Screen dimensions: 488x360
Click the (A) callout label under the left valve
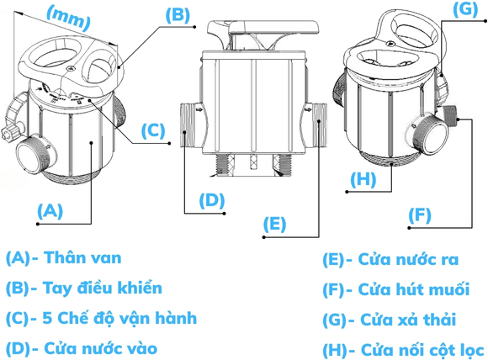(x=50, y=210)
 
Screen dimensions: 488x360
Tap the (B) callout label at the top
(x=178, y=15)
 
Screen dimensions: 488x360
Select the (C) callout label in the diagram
(x=153, y=130)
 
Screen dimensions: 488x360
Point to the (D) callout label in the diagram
(x=212, y=200)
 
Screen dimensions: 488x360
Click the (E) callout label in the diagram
(x=274, y=224)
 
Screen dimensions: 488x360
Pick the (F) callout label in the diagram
(x=420, y=215)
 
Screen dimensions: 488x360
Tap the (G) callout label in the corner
(x=465, y=9)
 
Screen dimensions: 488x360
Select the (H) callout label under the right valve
(x=363, y=179)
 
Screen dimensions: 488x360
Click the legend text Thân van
(x=82, y=258)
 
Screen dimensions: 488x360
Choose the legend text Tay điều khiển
(x=103, y=288)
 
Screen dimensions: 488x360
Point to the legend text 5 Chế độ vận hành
(x=119, y=318)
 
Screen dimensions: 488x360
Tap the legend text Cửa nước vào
(x=100, y=348)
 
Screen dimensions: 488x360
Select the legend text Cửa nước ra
(x=408, y=259)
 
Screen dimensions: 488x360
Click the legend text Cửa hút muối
(x=414, y=289)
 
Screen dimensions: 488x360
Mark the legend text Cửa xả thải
(x=408, y=320)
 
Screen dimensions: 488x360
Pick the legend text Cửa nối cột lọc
(x=422, y=350)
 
